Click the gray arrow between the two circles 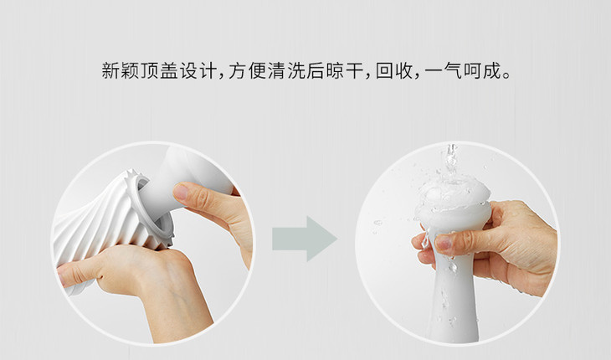(305, 239)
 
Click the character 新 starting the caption (111, 71)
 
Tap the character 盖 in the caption (169, 71)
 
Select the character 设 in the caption (188, 71)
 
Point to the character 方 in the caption (238, 71)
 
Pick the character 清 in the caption (277, 71)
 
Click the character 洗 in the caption (296, 71)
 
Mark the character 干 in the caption (355, 71)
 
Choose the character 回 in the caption (384, 71)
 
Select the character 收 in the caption (403, 71)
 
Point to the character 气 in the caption (453, 71)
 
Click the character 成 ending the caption (492, 71)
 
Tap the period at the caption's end (506, 76)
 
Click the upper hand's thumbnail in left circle (181, 192)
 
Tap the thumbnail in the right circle (444, 242)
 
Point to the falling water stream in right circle (451, 160)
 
